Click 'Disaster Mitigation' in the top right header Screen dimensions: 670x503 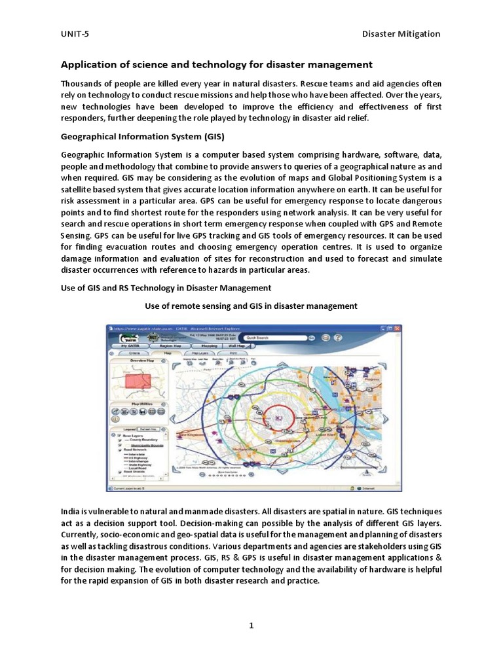401,34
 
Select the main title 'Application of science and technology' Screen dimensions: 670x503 216,65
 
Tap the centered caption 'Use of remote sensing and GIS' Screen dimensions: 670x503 251,306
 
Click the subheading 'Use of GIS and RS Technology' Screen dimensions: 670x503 166,288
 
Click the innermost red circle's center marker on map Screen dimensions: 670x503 279,417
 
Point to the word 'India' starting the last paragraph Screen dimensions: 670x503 71,510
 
